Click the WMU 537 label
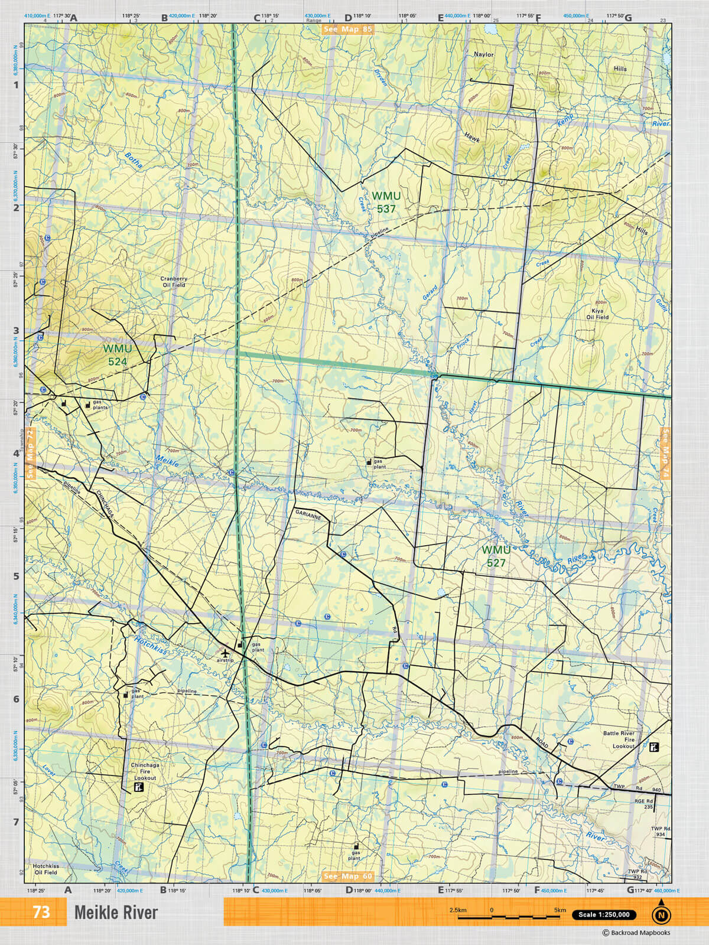pos(386,202)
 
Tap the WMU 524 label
pos(117,355)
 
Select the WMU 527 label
pos(496,556)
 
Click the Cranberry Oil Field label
pos(174,282)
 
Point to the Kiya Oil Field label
pos(597,314)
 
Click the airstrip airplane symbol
pos(225,653)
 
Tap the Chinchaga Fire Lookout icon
pos(139,788)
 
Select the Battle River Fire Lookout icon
pos(653,747)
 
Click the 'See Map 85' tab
pos(348,28)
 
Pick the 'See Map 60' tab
pos(348,876)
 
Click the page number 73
pos(41,912)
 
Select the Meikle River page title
pos(116,913)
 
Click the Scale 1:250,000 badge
pos(604,915)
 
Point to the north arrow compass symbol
pos(661,914)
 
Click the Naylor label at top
pos(483,54)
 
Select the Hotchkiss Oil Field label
pos(45,869)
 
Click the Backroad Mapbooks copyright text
pos(636,933)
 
